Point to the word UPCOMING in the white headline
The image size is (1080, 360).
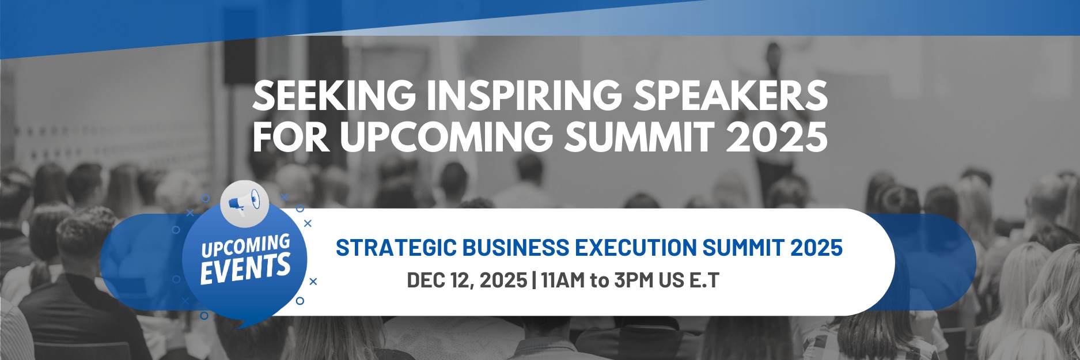(x=446, y=137)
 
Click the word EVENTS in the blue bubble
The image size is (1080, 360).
(x=245, y=269)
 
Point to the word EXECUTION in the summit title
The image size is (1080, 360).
(x=635, y=248)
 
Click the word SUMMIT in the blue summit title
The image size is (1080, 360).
(x=743, y=248)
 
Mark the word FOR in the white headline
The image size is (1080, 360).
(x=291, y=137)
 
